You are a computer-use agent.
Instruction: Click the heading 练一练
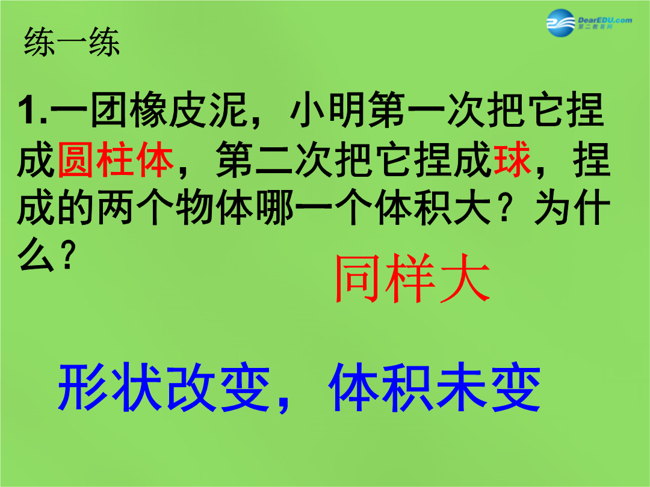click(72, 42)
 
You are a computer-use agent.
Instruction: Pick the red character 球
click(512, 159)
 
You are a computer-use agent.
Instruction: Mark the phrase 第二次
click(274, 159)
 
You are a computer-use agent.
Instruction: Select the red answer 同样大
click(412, 278)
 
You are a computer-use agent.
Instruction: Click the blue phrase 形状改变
click(164, 387)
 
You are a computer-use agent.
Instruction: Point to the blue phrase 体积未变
click(435, 387)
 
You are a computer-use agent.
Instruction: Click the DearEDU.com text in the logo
click(605, 20)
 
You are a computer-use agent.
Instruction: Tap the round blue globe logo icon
click(561, 23)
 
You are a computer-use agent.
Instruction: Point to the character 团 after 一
click(108, 110)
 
